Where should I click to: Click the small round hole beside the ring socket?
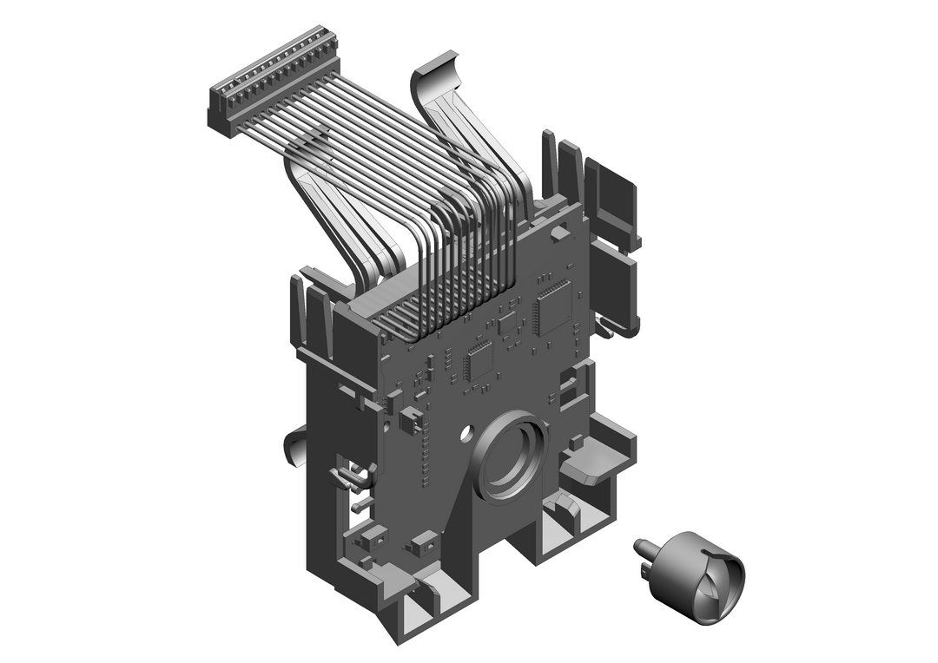tap(468, 430)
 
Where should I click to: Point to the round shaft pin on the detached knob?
tap(644, 546)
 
